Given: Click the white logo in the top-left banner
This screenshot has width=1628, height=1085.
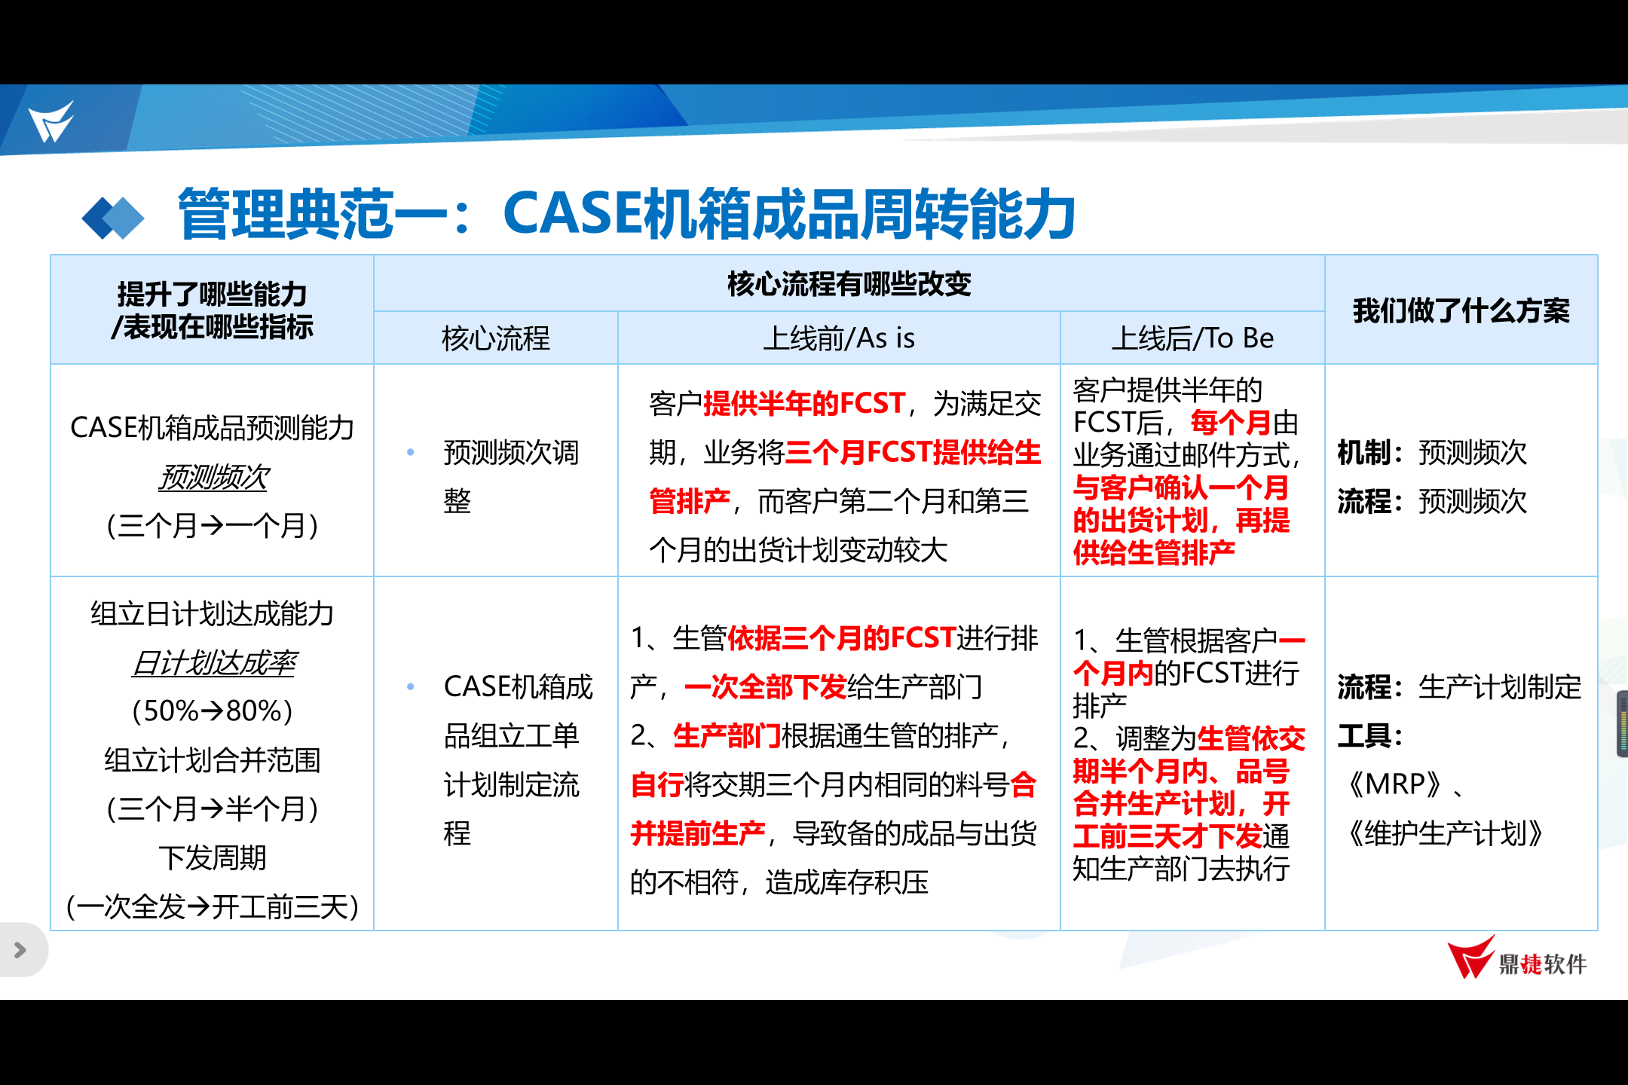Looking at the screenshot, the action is (x=51, y=121).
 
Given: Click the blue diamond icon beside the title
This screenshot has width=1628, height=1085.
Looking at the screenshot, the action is (x=113, y=218).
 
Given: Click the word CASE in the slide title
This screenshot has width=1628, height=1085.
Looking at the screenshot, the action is (x=571, y=214).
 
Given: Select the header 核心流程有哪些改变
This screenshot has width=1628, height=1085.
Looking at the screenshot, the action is (x=849, y=284).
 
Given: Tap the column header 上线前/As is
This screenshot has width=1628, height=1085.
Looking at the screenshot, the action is (x=839, y=338).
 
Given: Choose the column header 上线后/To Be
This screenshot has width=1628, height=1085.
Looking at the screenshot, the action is (x=1192, y=338).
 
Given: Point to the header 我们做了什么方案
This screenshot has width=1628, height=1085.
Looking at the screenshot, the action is (x=1461, y=310).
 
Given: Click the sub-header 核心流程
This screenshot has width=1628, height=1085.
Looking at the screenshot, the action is (x=495, y=338).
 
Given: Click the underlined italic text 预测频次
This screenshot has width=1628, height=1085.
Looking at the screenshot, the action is (x=213, y=477).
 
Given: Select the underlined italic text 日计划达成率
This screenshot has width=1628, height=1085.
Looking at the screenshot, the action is (x=214, y=663).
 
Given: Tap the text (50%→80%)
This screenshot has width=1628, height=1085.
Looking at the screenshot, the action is (x=213, y=711).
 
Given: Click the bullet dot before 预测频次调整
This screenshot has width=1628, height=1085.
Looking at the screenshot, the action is (x=411, y=452).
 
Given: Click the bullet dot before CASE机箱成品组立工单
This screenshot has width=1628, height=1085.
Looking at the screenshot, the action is (x=411, y=686).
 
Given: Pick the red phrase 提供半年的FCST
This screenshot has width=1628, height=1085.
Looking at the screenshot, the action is (x=803, y=404).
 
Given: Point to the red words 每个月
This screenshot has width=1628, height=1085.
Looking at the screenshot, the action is (x=1231, y=423).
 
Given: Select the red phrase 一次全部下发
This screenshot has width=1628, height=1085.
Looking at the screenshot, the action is (x=766, y=686).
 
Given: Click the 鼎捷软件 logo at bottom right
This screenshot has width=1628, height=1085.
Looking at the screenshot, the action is (x=1516, y=958).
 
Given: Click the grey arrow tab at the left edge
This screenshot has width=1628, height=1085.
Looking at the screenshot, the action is (x=20, y=950).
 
